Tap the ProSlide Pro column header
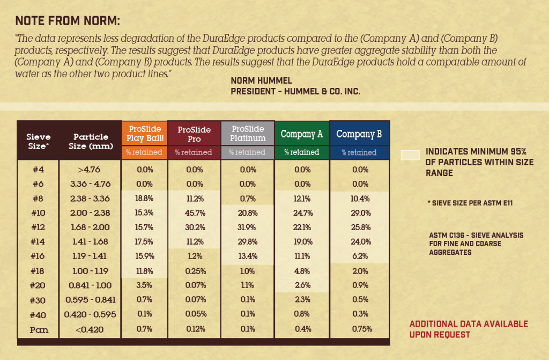(x=194, y=134)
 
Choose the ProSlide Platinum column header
(x=247, y=134)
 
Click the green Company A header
(x=302, y=134)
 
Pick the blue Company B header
(x=359, y=134)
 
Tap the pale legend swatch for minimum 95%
(x=410, y=156)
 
